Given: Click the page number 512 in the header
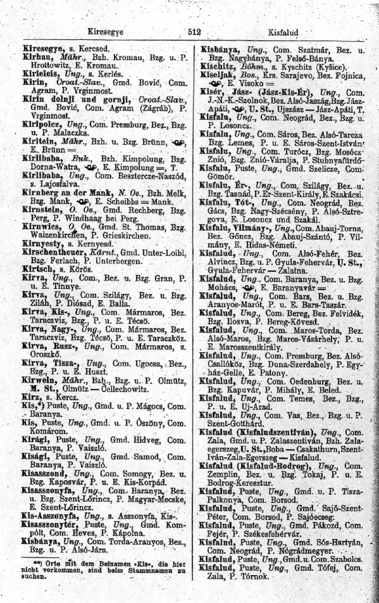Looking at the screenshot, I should (193, 31).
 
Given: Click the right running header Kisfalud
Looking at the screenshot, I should (286, 31).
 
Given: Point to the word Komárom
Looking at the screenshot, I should (42, 429).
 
